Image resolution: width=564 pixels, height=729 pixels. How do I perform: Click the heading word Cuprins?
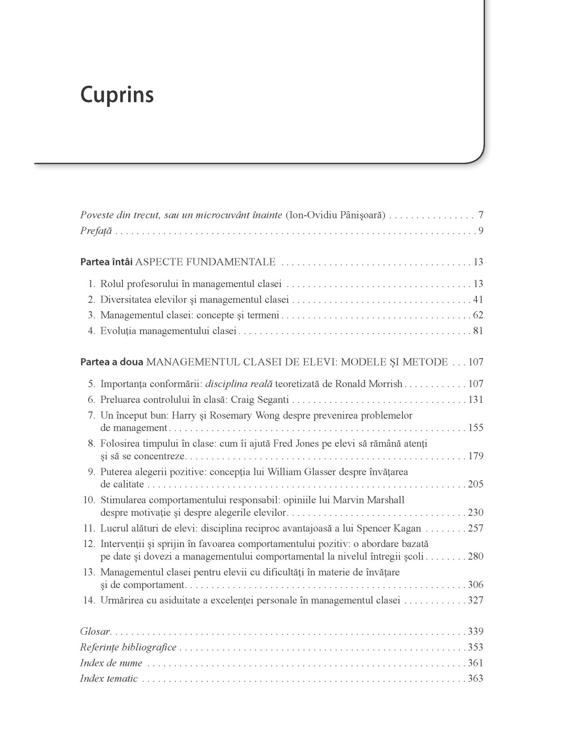tap(117, 95)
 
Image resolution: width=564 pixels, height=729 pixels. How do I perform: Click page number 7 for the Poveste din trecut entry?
tap(480, 215)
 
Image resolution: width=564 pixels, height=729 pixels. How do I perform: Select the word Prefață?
tap(96, 231)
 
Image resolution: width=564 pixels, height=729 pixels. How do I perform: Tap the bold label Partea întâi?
tap(106, 262)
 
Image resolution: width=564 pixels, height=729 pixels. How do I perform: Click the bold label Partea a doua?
tap(112, 362)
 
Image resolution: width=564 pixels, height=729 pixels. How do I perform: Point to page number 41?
tap(478, 299)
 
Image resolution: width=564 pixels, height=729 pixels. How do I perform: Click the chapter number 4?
tap(91, 331)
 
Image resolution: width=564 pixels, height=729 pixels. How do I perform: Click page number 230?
tap(475, 512)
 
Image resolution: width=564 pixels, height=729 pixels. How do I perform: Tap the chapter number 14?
tap(89, 600)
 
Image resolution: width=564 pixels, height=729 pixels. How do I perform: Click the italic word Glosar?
tap(95, 632)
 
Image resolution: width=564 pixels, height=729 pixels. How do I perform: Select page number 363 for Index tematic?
tap(475, 678)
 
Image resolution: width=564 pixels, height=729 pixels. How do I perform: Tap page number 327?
tap(475, 600)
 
